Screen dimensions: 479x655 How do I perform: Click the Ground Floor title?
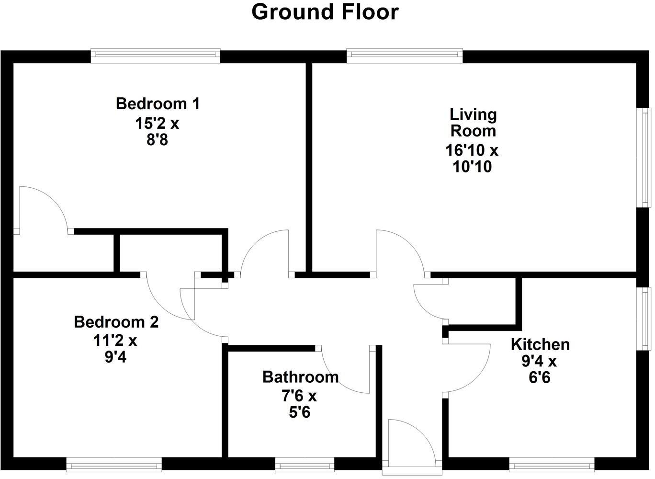[x=325, y=12]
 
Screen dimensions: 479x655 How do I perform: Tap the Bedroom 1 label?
[x=158, y=103]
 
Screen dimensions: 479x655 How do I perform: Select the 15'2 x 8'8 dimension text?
[x=157, y=132]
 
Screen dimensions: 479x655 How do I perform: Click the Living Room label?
[x=473, y=122]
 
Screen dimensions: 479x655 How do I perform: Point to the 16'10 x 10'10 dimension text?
[x=472, y=158]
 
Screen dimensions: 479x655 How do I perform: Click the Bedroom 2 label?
[x=116, y=322]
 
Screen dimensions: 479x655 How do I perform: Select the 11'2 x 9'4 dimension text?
[x=115, y=349]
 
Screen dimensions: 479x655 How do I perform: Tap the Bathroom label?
[x=300, y=377]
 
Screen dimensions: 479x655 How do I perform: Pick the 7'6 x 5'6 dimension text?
[x=299, y=404]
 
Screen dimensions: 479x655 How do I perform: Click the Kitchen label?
[x=540, y=344]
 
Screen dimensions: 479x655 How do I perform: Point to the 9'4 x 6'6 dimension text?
[x=540, y=369]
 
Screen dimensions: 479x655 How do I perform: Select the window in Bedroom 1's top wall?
[x=156, y=56]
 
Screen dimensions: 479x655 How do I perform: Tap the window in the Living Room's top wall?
[x=405, y=56]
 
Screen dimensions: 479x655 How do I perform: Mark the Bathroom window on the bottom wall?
[x=305, y=464]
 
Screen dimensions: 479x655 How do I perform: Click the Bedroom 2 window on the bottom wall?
[x=114, y=464]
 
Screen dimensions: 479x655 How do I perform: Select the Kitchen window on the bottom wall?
[x=552, y=464]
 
